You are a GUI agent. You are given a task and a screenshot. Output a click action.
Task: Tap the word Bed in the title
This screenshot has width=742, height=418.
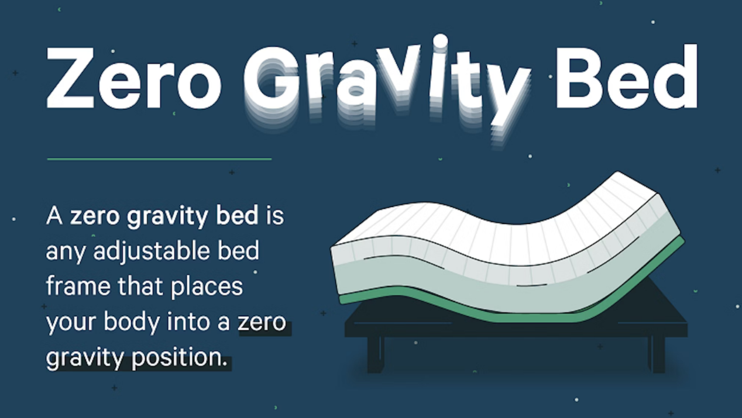click(626, 75)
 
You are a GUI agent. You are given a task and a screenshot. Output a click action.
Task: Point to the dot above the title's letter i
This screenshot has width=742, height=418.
click(439, 40)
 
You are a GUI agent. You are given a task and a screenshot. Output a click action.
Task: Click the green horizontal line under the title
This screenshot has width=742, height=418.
click(159, 158)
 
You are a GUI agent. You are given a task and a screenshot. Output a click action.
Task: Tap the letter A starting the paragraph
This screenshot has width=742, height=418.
click(54, 216)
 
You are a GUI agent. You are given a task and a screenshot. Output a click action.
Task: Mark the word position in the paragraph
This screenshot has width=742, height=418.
click(178, 358)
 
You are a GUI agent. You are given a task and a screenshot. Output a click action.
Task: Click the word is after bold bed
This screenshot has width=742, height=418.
click(274, 216)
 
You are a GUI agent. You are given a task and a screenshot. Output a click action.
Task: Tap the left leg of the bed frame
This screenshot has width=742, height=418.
click(375, 354)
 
